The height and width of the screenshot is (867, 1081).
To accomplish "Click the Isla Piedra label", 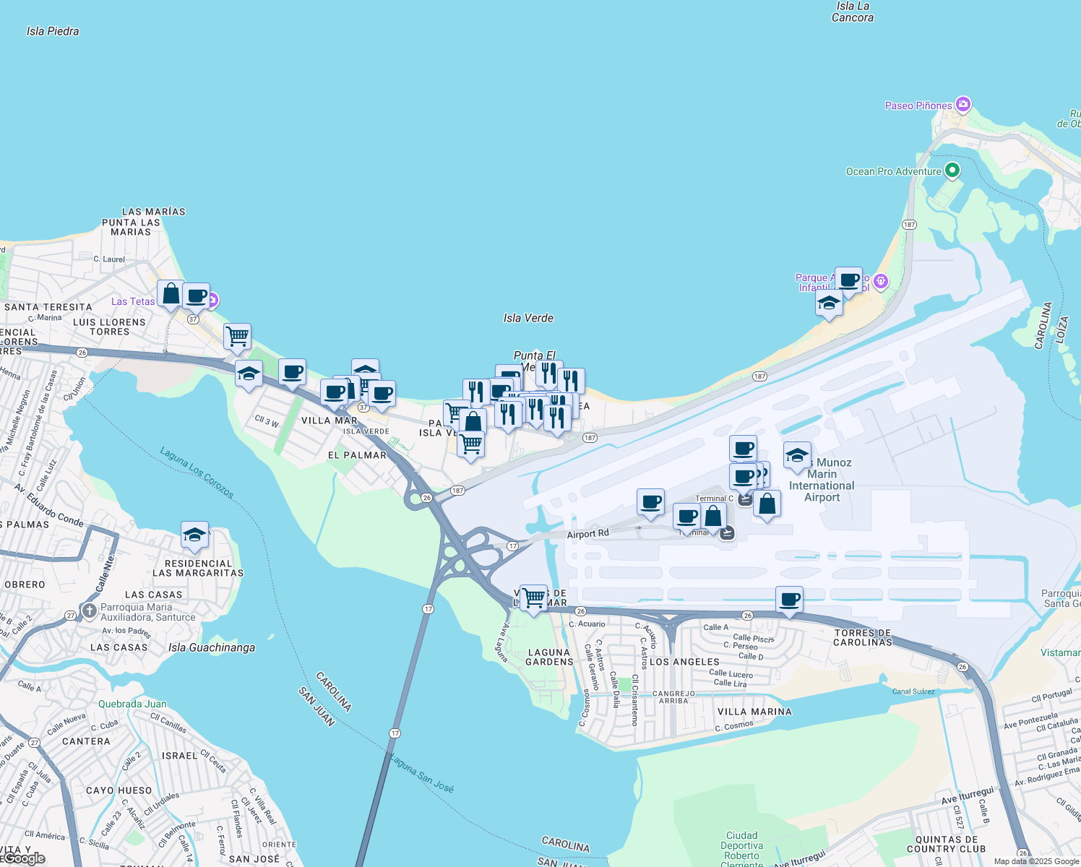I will tap(53, 31).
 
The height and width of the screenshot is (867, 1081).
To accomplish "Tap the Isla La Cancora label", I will tap(853, 12).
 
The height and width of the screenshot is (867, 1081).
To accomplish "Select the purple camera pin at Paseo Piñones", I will tap(962, 105).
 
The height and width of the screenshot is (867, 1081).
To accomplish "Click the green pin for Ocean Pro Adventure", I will tap(952, 171).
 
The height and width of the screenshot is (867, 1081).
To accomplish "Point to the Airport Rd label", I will tap(587, 534).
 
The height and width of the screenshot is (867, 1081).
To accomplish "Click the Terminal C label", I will tap(714, 499).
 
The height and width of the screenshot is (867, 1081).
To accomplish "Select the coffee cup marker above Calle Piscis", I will tap(789, 600).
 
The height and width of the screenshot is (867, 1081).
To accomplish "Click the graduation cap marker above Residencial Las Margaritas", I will tap(194, 535).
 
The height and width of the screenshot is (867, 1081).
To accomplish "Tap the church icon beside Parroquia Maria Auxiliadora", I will tap(89, 611).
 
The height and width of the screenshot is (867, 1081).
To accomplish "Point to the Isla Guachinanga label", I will tap(212, 647).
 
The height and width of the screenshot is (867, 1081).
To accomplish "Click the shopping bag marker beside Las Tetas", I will tap(171, 294).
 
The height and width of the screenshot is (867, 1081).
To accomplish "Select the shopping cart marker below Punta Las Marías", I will tap(237, 337).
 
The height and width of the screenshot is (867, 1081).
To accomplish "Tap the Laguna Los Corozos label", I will tap(197, 473).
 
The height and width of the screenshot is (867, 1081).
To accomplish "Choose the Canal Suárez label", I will tap(913, 691).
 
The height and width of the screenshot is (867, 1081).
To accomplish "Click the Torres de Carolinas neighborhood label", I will tap(863, 637).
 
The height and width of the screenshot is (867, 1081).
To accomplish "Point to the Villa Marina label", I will tap(754, 712).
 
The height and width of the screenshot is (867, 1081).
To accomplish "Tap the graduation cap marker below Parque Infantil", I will tap(829, 303).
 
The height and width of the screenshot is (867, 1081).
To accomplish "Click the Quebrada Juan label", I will tap(132, 704).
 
